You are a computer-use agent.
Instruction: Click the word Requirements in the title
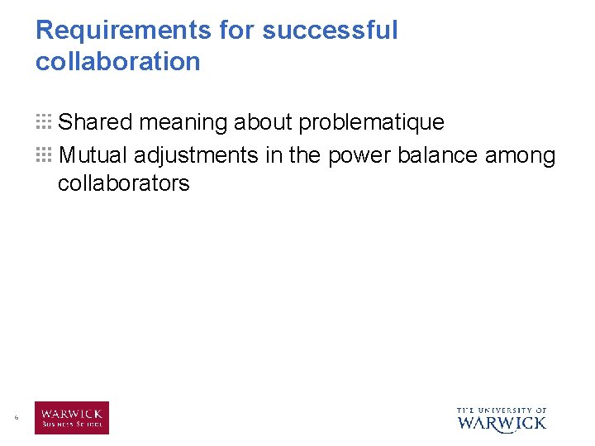(124, 31)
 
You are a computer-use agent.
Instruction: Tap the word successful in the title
(330, 31)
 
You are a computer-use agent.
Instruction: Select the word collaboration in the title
(117, 61)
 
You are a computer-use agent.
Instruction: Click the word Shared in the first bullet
(96, 122)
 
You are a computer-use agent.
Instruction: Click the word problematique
(371, 123)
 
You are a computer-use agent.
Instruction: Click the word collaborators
(123, 183)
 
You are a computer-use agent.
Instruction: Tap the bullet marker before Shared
(44, 122)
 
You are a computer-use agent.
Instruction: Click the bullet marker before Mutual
(44, 154)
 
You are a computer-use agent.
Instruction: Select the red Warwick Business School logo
(71, 418)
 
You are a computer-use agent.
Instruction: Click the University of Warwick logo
(502, 420)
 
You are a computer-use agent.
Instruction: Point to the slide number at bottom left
(16, 419)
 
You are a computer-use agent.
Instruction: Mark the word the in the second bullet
(304, 154)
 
